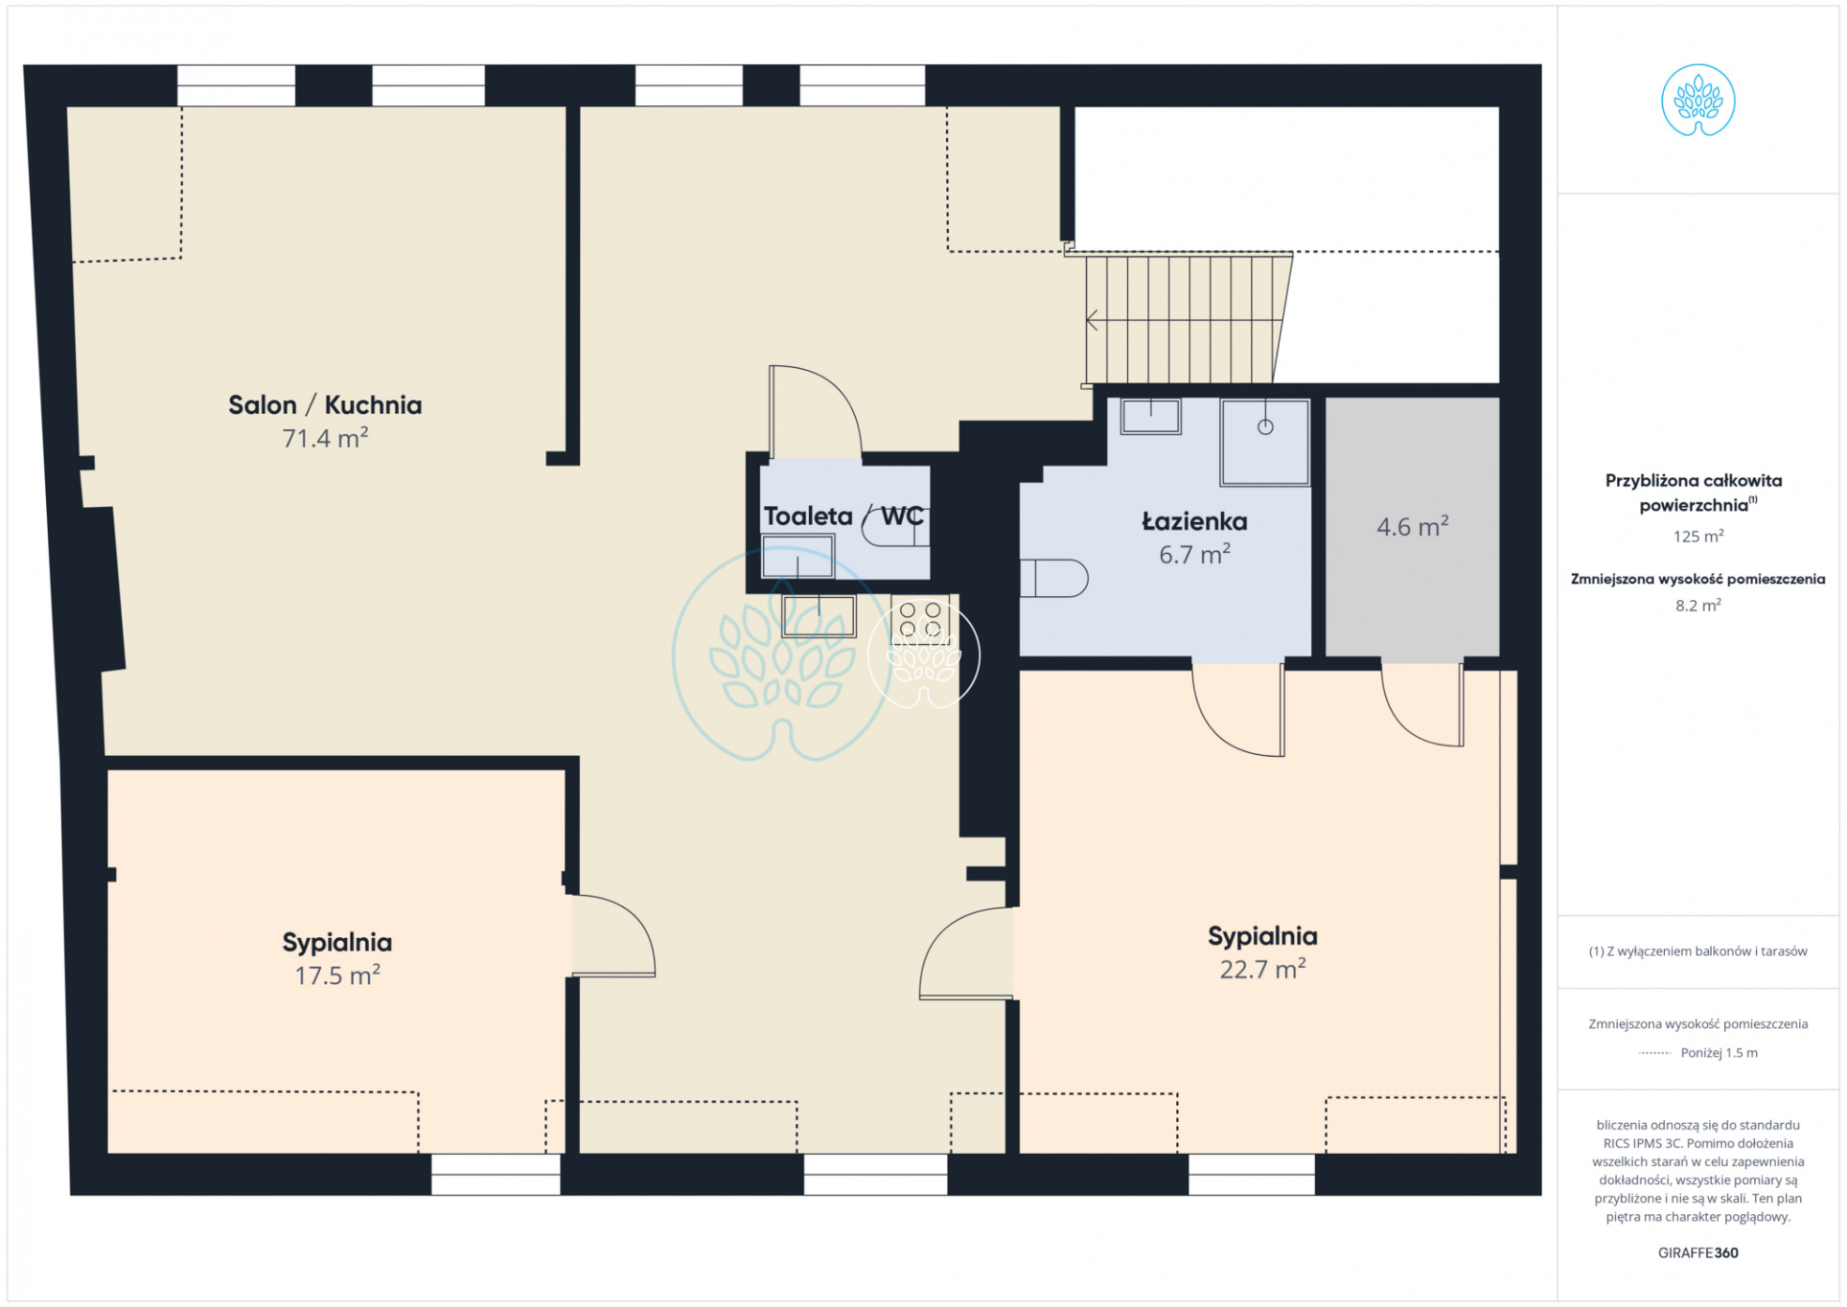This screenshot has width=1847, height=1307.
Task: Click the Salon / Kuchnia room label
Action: tap(325, 405)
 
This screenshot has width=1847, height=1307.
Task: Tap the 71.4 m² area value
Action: tap(325, 438)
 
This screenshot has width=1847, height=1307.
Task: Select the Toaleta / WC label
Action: tap(843, 516)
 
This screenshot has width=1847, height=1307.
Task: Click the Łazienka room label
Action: tap(1194, 521)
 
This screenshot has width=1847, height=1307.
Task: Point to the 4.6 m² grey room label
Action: tap(1412, 526)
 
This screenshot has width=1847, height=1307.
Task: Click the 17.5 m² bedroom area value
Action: tap(337, 975)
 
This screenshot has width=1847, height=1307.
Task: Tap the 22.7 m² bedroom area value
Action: tap(1262, 969)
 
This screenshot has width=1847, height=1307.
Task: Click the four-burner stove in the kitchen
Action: tap(920, 619)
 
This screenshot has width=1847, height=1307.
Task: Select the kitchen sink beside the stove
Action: tap(819, 616)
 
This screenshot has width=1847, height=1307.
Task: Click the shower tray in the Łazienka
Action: tap(1264, 442)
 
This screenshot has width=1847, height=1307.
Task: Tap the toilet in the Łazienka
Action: tap(1054, 578)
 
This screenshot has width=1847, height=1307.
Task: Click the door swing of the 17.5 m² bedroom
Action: tap(613, 935)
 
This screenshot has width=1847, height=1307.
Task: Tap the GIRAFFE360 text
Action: tap(1697, 1252)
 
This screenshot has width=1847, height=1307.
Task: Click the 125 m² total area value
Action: tap(1697, 537)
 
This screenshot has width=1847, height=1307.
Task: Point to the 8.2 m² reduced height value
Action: tap(1697, 606)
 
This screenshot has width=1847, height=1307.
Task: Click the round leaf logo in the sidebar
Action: tap(1697, 101)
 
